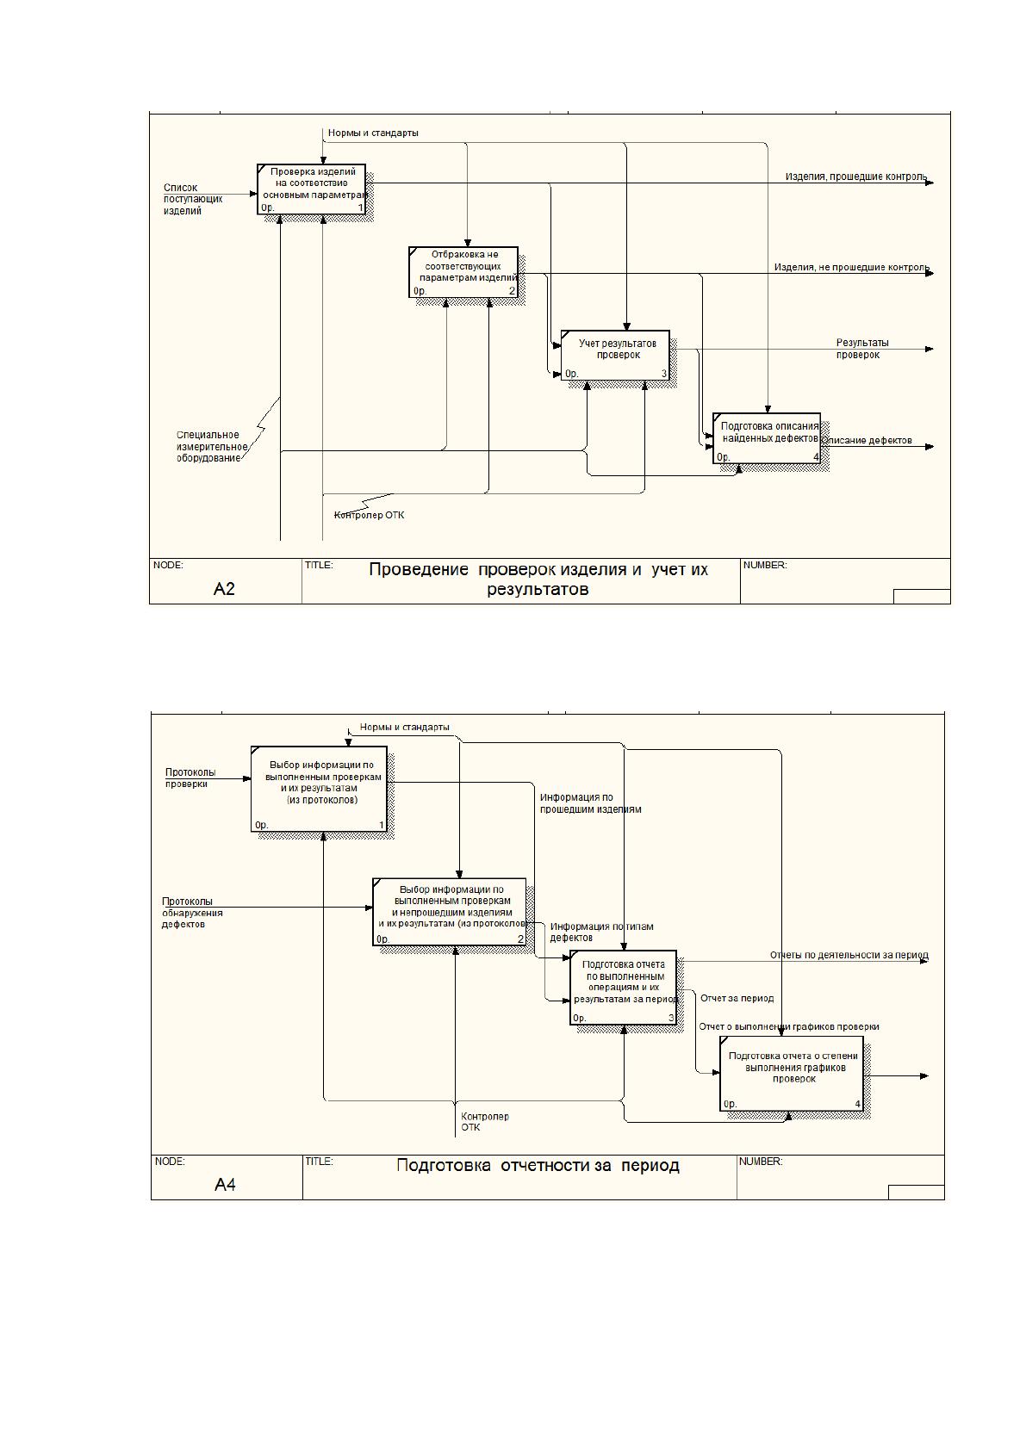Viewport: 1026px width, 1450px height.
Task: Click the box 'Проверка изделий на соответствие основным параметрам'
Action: (312, 189)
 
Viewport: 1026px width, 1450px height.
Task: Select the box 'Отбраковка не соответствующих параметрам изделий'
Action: (463, 272)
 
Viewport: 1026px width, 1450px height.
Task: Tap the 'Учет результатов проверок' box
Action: (615, 355)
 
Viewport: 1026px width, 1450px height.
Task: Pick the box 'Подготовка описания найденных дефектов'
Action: (767, 438)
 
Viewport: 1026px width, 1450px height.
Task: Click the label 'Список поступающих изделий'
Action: (192, 200)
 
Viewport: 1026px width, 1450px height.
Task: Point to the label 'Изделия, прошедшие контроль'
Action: (856, 177)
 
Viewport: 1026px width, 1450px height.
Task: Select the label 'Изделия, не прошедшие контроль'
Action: (852, 267)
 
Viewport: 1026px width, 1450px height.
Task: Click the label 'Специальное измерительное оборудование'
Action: (212, 447)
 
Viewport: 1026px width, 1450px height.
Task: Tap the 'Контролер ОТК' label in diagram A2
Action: (369, 515)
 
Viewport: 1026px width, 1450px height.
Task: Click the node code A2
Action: (224, 588)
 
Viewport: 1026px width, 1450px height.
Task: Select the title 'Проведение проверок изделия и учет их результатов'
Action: (538, 579)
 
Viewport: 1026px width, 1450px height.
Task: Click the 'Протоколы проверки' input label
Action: (190, 778)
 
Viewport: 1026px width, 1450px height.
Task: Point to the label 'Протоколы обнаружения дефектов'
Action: (192, 913)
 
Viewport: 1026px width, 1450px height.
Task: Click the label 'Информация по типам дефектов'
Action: (602, 933)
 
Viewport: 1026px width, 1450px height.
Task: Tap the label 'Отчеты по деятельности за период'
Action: (849, 955)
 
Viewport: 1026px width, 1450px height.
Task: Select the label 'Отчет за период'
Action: (737, 998)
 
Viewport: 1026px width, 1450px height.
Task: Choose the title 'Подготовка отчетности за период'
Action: (538, 1166)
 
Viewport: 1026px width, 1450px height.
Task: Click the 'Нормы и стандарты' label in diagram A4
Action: (404, 727)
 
